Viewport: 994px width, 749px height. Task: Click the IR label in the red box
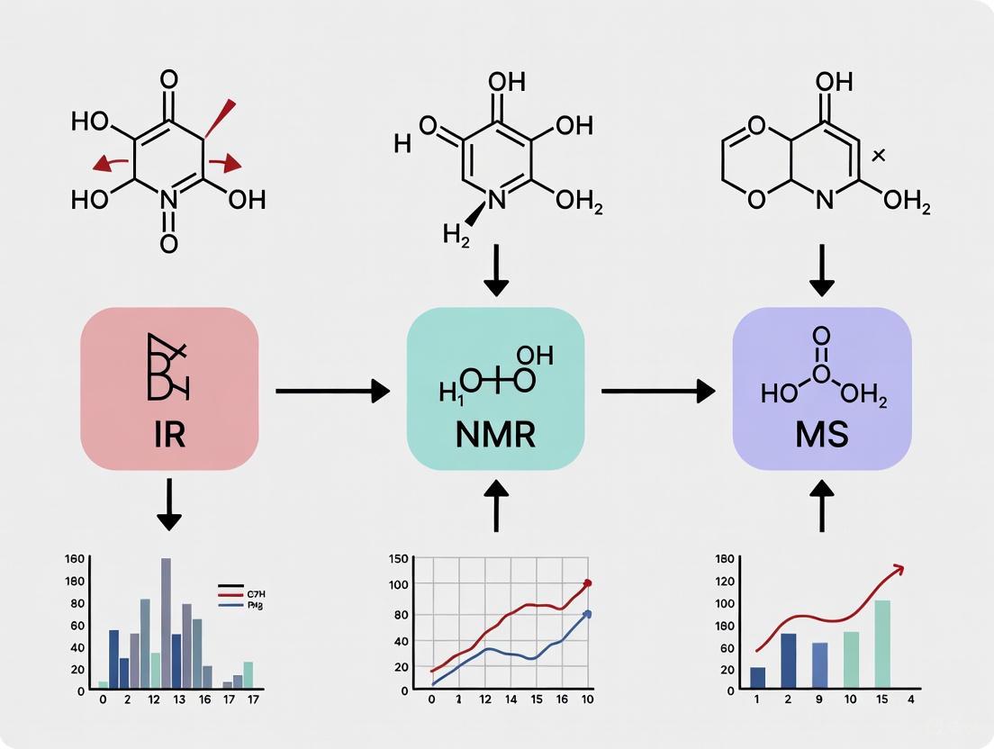point(169,435)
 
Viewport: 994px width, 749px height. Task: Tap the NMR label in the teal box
point(495,435)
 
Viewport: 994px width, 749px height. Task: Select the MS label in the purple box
point(821,435)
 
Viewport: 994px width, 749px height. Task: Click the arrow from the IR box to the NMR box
point(331,391)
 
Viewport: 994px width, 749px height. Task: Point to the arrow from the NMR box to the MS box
point(657,391)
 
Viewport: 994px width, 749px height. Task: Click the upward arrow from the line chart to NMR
point(495,509)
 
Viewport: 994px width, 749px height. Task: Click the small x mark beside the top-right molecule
point(879,156)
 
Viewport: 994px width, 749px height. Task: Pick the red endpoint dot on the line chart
point(588,583)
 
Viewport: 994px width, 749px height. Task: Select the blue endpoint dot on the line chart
point(588,614)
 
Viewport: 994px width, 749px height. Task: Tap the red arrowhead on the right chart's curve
point(897,568)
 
